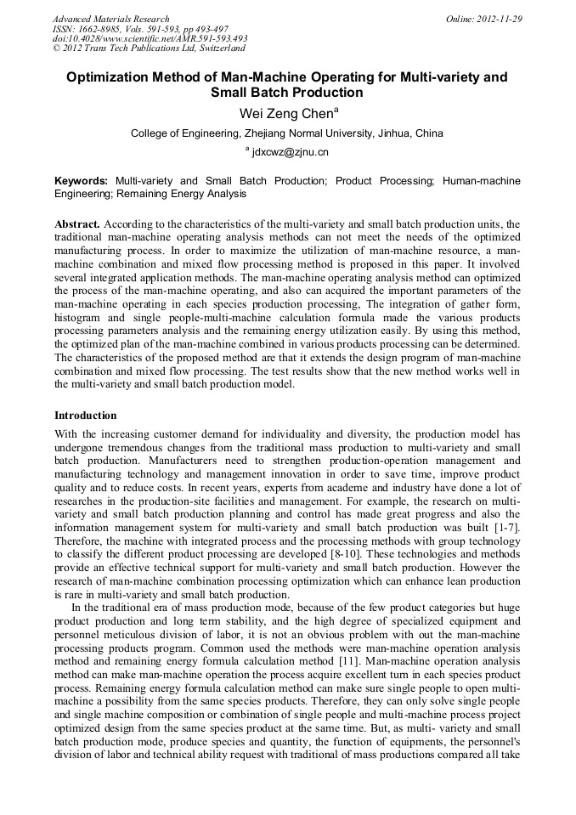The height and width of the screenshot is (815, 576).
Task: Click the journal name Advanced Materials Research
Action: [110, 19]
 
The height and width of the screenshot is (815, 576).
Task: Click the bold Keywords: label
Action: [82, 181]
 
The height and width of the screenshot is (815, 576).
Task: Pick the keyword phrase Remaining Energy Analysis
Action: [188, 194]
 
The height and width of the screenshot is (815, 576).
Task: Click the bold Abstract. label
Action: [77, 224]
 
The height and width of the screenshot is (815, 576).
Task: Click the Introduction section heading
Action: [86, 416]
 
